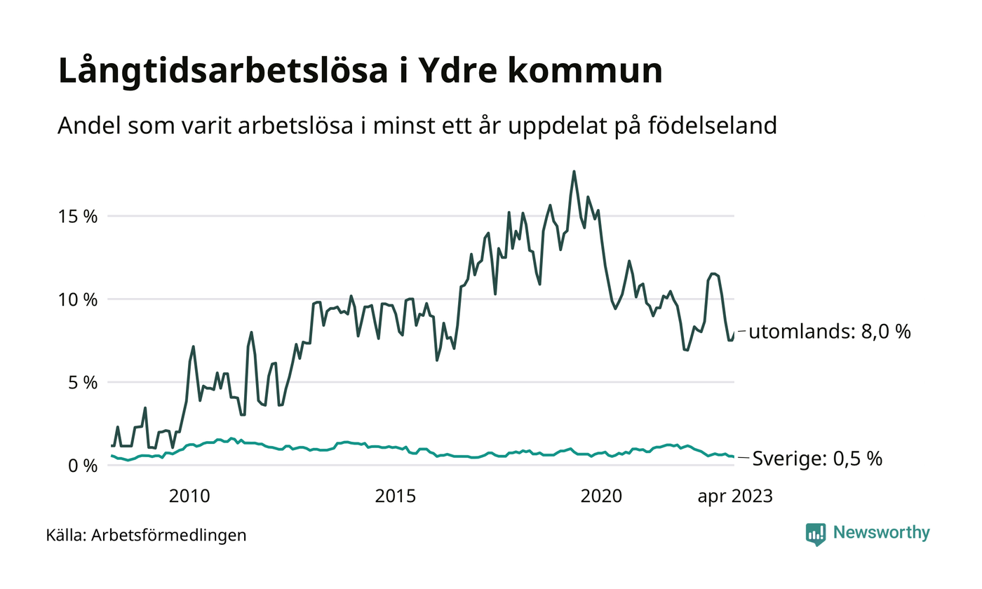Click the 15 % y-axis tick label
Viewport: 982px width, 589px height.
click(78, 216)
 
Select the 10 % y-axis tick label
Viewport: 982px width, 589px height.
click(78, 299)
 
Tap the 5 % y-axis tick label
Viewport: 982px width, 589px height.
click(82, 383)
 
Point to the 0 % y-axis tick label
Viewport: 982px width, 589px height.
click(82, 466)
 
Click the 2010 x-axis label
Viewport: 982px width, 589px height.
click(190, 496)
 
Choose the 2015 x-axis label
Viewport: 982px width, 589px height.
click(396, 496)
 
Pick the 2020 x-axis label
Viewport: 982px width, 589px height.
click(602, 496)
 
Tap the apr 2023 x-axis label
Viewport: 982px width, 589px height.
click(734, 496)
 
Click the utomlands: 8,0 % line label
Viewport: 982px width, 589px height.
click(829, 332)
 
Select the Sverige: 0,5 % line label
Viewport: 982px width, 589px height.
click(817, 459)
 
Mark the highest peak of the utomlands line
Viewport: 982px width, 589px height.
click(574, 171)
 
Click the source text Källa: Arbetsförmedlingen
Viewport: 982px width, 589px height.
click(146, 536)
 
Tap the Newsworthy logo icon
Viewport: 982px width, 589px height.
click(816, 534)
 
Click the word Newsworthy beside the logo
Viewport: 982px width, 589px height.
click(881, 533)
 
